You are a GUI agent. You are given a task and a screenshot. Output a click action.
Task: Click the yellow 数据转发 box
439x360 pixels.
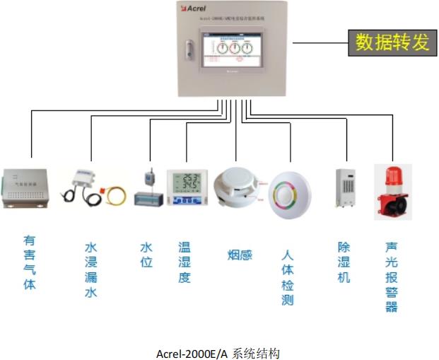pyautogui.click(x=392, y=42)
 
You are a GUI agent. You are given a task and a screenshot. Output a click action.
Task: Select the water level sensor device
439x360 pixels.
pyautogui.click(x=148, y=189)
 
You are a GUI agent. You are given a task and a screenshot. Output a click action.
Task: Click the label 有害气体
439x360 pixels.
pyautogui.click(x=29, y=262)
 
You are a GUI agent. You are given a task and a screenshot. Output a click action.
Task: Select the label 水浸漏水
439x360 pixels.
pyautogui.click(x=90, y=269)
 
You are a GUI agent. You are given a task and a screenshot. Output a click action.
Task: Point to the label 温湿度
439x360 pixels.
pyautogui.click(x=185, y=262)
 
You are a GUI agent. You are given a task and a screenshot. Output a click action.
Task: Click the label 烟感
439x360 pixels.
pyautogui.click(x=240, y=255)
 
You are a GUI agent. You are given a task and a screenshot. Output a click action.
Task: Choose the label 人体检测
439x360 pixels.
pyautogui.click(x=287, y=277)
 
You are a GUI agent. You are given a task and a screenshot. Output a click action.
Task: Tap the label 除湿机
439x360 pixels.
pyautogui.click(x=344, y=262)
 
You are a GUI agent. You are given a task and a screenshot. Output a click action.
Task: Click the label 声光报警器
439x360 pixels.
pyautogui.click(x=391, y=277)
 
